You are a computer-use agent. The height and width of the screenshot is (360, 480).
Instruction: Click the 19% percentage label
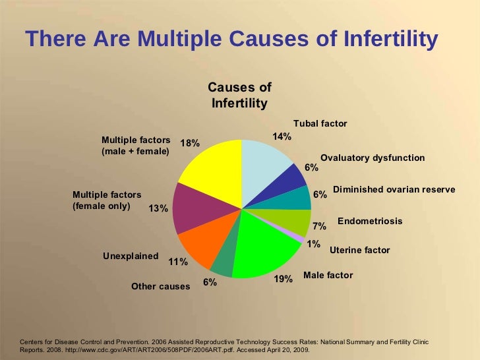coord(283,280)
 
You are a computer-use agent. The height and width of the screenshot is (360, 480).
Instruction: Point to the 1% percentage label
coord(313,244)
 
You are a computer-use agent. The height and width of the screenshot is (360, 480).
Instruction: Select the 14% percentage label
coord(282,136)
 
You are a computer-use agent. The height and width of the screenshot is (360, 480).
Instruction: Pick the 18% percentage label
coord(190,144)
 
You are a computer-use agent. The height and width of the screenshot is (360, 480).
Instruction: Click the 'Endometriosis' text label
coord(369,221)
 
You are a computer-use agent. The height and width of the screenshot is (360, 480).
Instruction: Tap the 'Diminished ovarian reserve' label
coord(394,189)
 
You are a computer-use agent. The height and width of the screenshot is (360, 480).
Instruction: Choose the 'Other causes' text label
coord(161,287)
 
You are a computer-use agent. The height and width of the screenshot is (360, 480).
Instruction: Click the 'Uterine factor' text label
coord(359,251)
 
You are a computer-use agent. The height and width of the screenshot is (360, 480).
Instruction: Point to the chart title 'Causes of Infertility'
coord(239,96)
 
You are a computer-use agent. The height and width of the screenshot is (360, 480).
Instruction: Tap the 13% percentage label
coord(158,208)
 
